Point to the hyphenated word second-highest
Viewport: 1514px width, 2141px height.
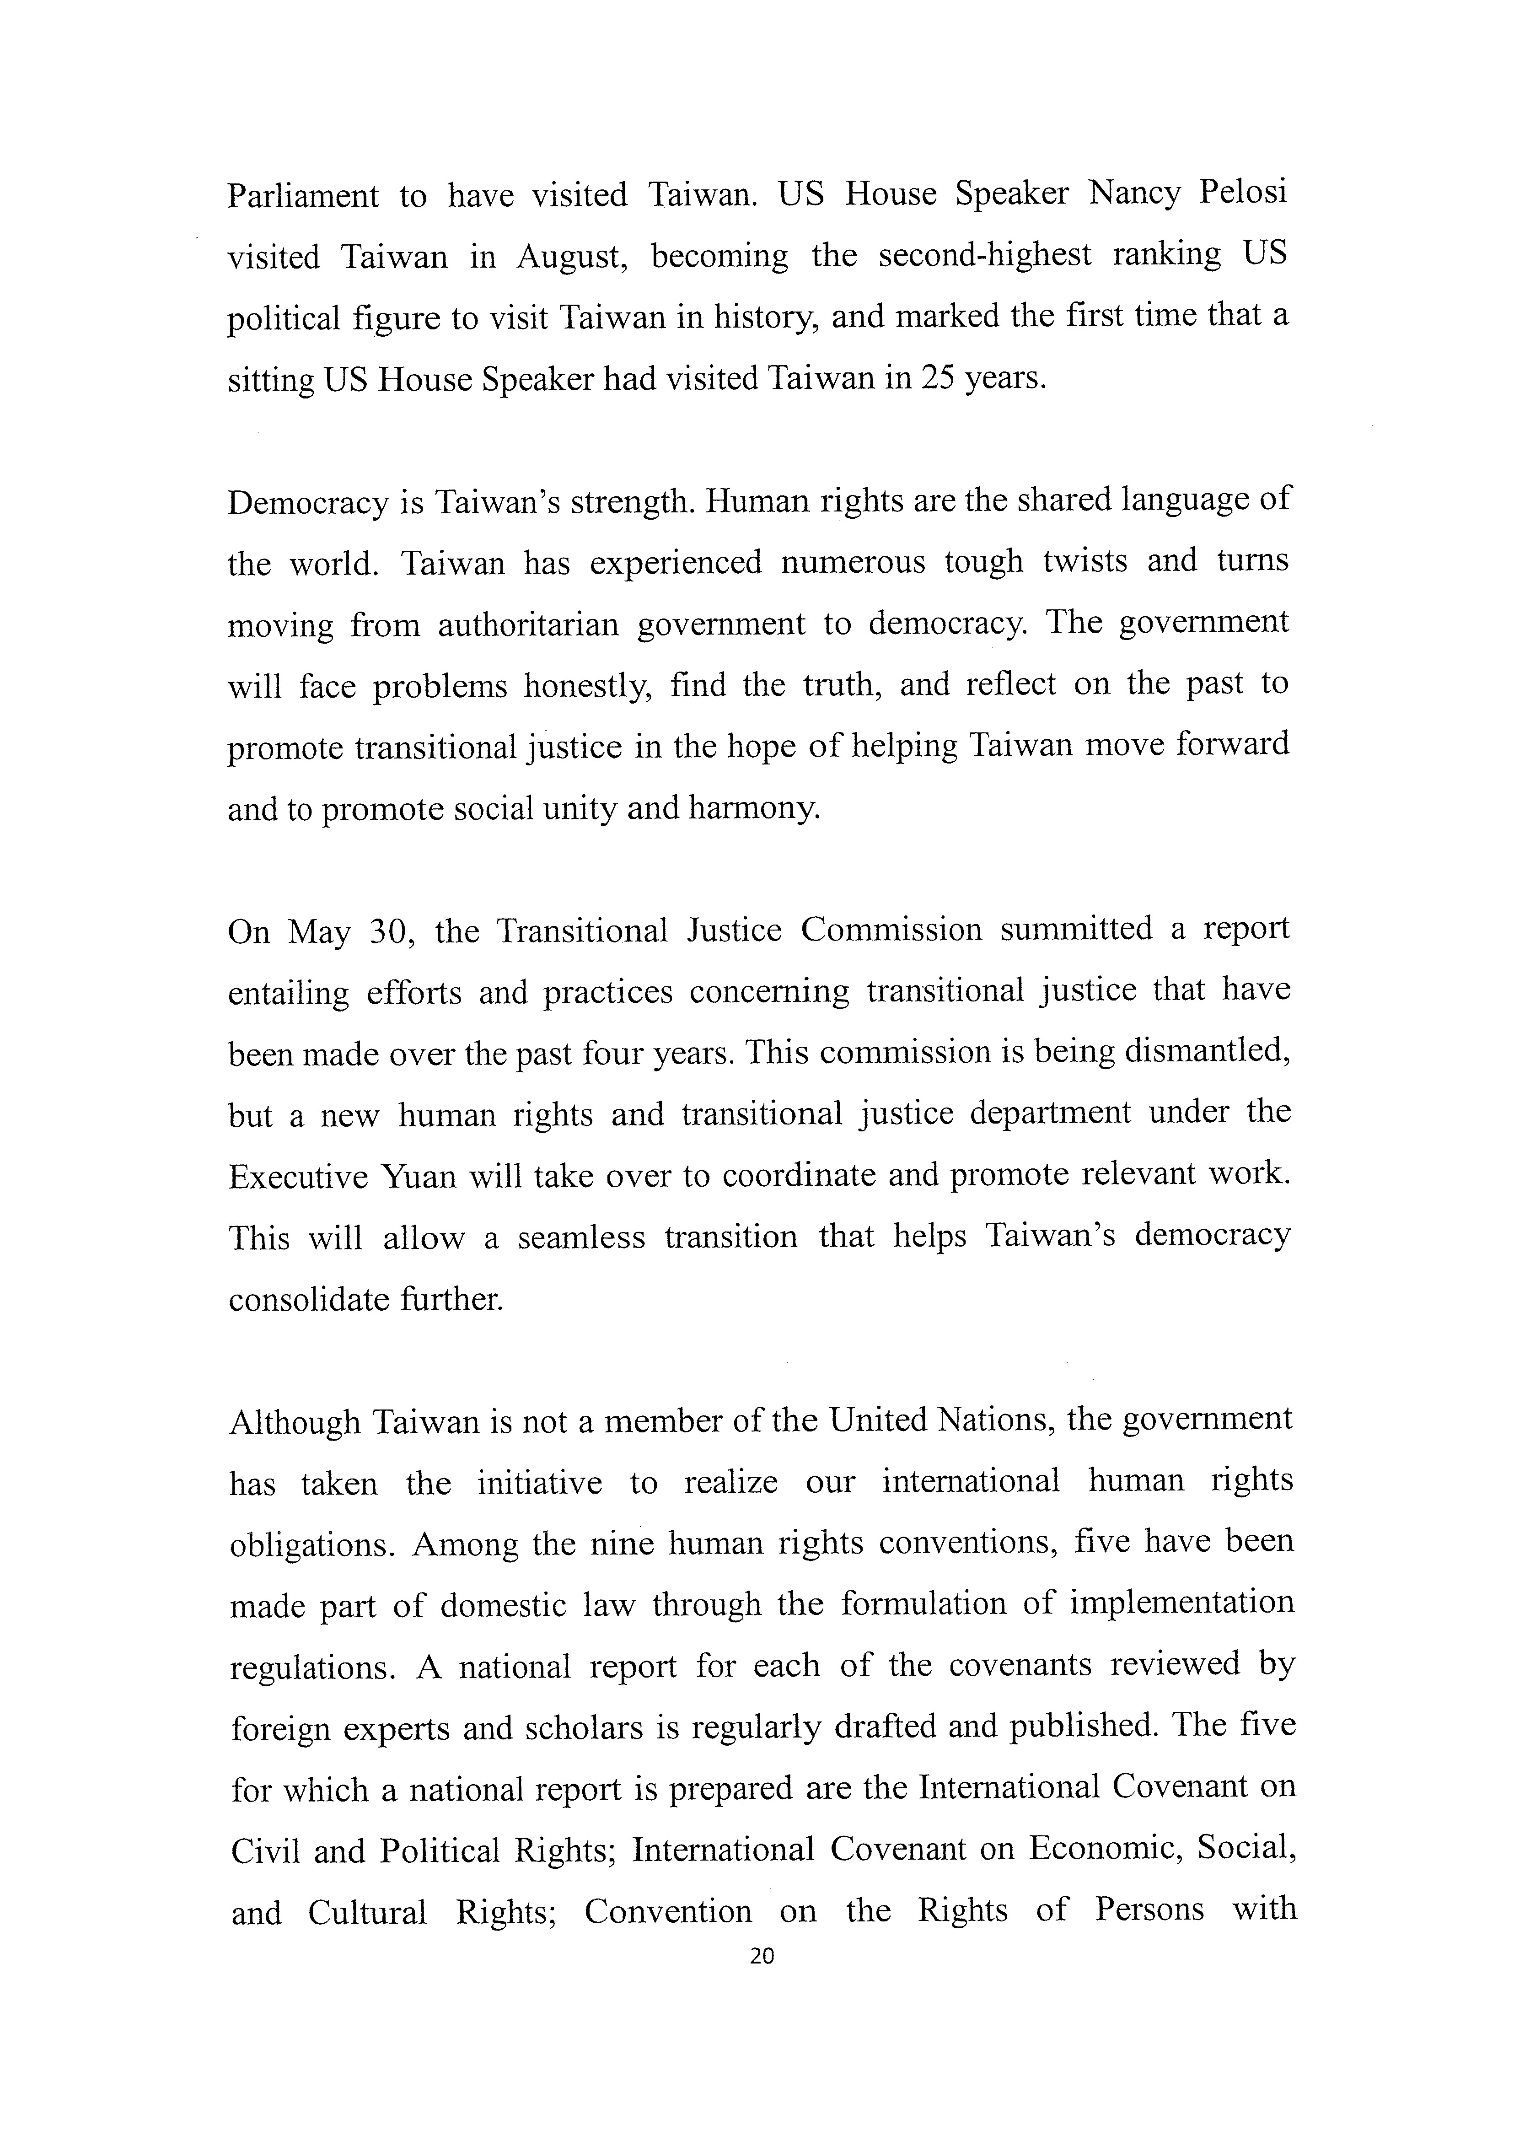click(984, 254)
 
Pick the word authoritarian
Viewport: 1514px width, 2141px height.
click(529, 624)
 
